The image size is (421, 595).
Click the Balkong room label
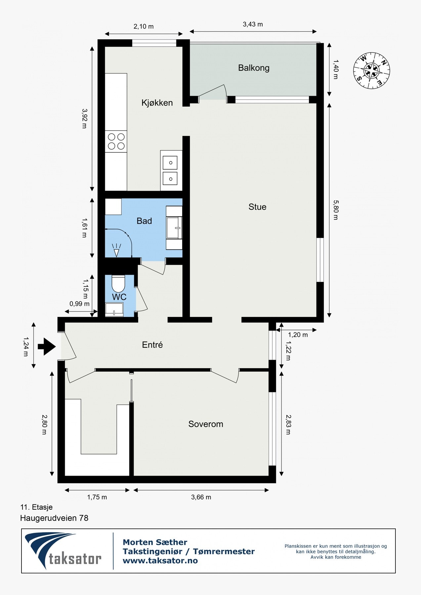coord(254,68)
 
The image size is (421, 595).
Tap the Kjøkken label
coord(157,103)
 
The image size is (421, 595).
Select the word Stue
coord(257,207)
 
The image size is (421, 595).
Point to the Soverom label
coord(206,424)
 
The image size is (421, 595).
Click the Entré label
coord(152,345)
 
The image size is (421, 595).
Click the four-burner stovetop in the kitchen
coord(116,141)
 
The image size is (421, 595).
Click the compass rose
coord(371,70)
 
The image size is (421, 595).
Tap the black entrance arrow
coord(47,346)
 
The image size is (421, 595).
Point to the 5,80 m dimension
coord(336,210)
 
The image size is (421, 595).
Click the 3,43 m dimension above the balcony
coord(253,24)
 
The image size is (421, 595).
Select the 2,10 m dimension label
coord(144,26)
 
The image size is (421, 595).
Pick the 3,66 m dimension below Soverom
coord(201,497)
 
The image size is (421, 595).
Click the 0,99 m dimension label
coord(79,304)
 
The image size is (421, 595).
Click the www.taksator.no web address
coord(160,561)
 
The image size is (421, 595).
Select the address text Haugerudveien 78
coord(54,518)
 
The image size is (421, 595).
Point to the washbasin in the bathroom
coord(174,228)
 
